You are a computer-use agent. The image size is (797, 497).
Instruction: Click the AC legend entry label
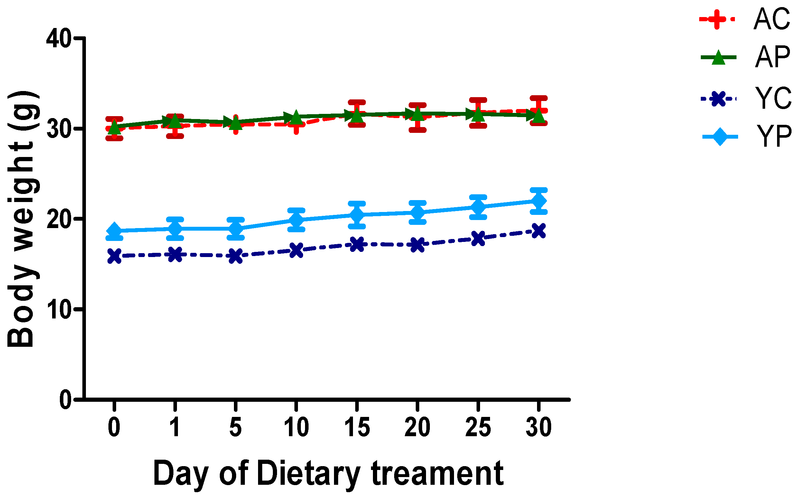click(772, 19)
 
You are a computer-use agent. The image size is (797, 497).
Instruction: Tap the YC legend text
click(773, 98)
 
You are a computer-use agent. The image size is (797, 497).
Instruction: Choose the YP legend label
click(773, 136)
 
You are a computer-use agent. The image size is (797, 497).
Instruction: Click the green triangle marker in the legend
click(718, 58)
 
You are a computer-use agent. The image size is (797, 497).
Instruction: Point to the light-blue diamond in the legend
click(720, 137)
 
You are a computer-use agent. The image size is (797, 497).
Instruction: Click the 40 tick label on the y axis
click(59, 39)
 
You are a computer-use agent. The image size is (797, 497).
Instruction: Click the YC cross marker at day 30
click(539, 231)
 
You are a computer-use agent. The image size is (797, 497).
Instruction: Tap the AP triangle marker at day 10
click(296, 117)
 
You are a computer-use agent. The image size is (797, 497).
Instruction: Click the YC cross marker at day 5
click(236, 256)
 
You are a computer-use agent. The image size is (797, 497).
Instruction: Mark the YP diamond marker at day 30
click(539, 201)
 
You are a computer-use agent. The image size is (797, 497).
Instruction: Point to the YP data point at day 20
click(418, 212)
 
